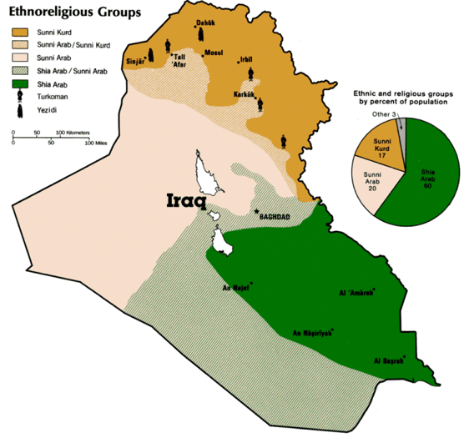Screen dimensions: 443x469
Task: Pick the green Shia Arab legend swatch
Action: point(16,84)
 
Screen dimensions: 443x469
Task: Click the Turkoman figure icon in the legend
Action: point(16,97)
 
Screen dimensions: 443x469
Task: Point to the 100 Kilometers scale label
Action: point(73,133)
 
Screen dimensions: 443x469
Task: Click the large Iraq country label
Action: point(188,202)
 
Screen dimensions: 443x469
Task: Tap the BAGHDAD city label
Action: point(277,217)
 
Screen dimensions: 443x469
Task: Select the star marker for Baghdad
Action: point(256,211)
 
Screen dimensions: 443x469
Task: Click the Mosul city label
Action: point(214,53)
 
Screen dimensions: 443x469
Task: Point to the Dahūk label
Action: point(205,22)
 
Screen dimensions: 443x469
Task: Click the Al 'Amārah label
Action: point(356,293)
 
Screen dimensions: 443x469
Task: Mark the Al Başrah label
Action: point(389,362)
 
